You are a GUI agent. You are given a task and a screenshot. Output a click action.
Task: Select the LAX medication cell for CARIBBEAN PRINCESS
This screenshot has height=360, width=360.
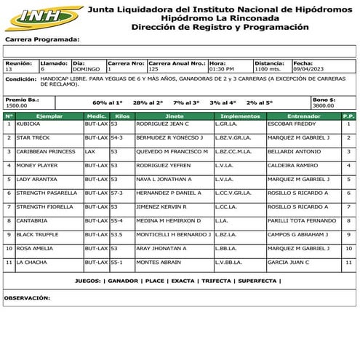[90, 151]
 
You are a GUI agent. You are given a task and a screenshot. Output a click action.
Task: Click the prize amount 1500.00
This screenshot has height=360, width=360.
[17, 105]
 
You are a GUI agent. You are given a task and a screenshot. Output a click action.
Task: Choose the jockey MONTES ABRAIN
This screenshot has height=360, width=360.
[159, 262]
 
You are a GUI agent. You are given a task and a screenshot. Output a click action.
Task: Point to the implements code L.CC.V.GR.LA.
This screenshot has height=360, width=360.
[232, 193]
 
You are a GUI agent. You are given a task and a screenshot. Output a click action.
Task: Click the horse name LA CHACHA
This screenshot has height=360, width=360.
[33, 262]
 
